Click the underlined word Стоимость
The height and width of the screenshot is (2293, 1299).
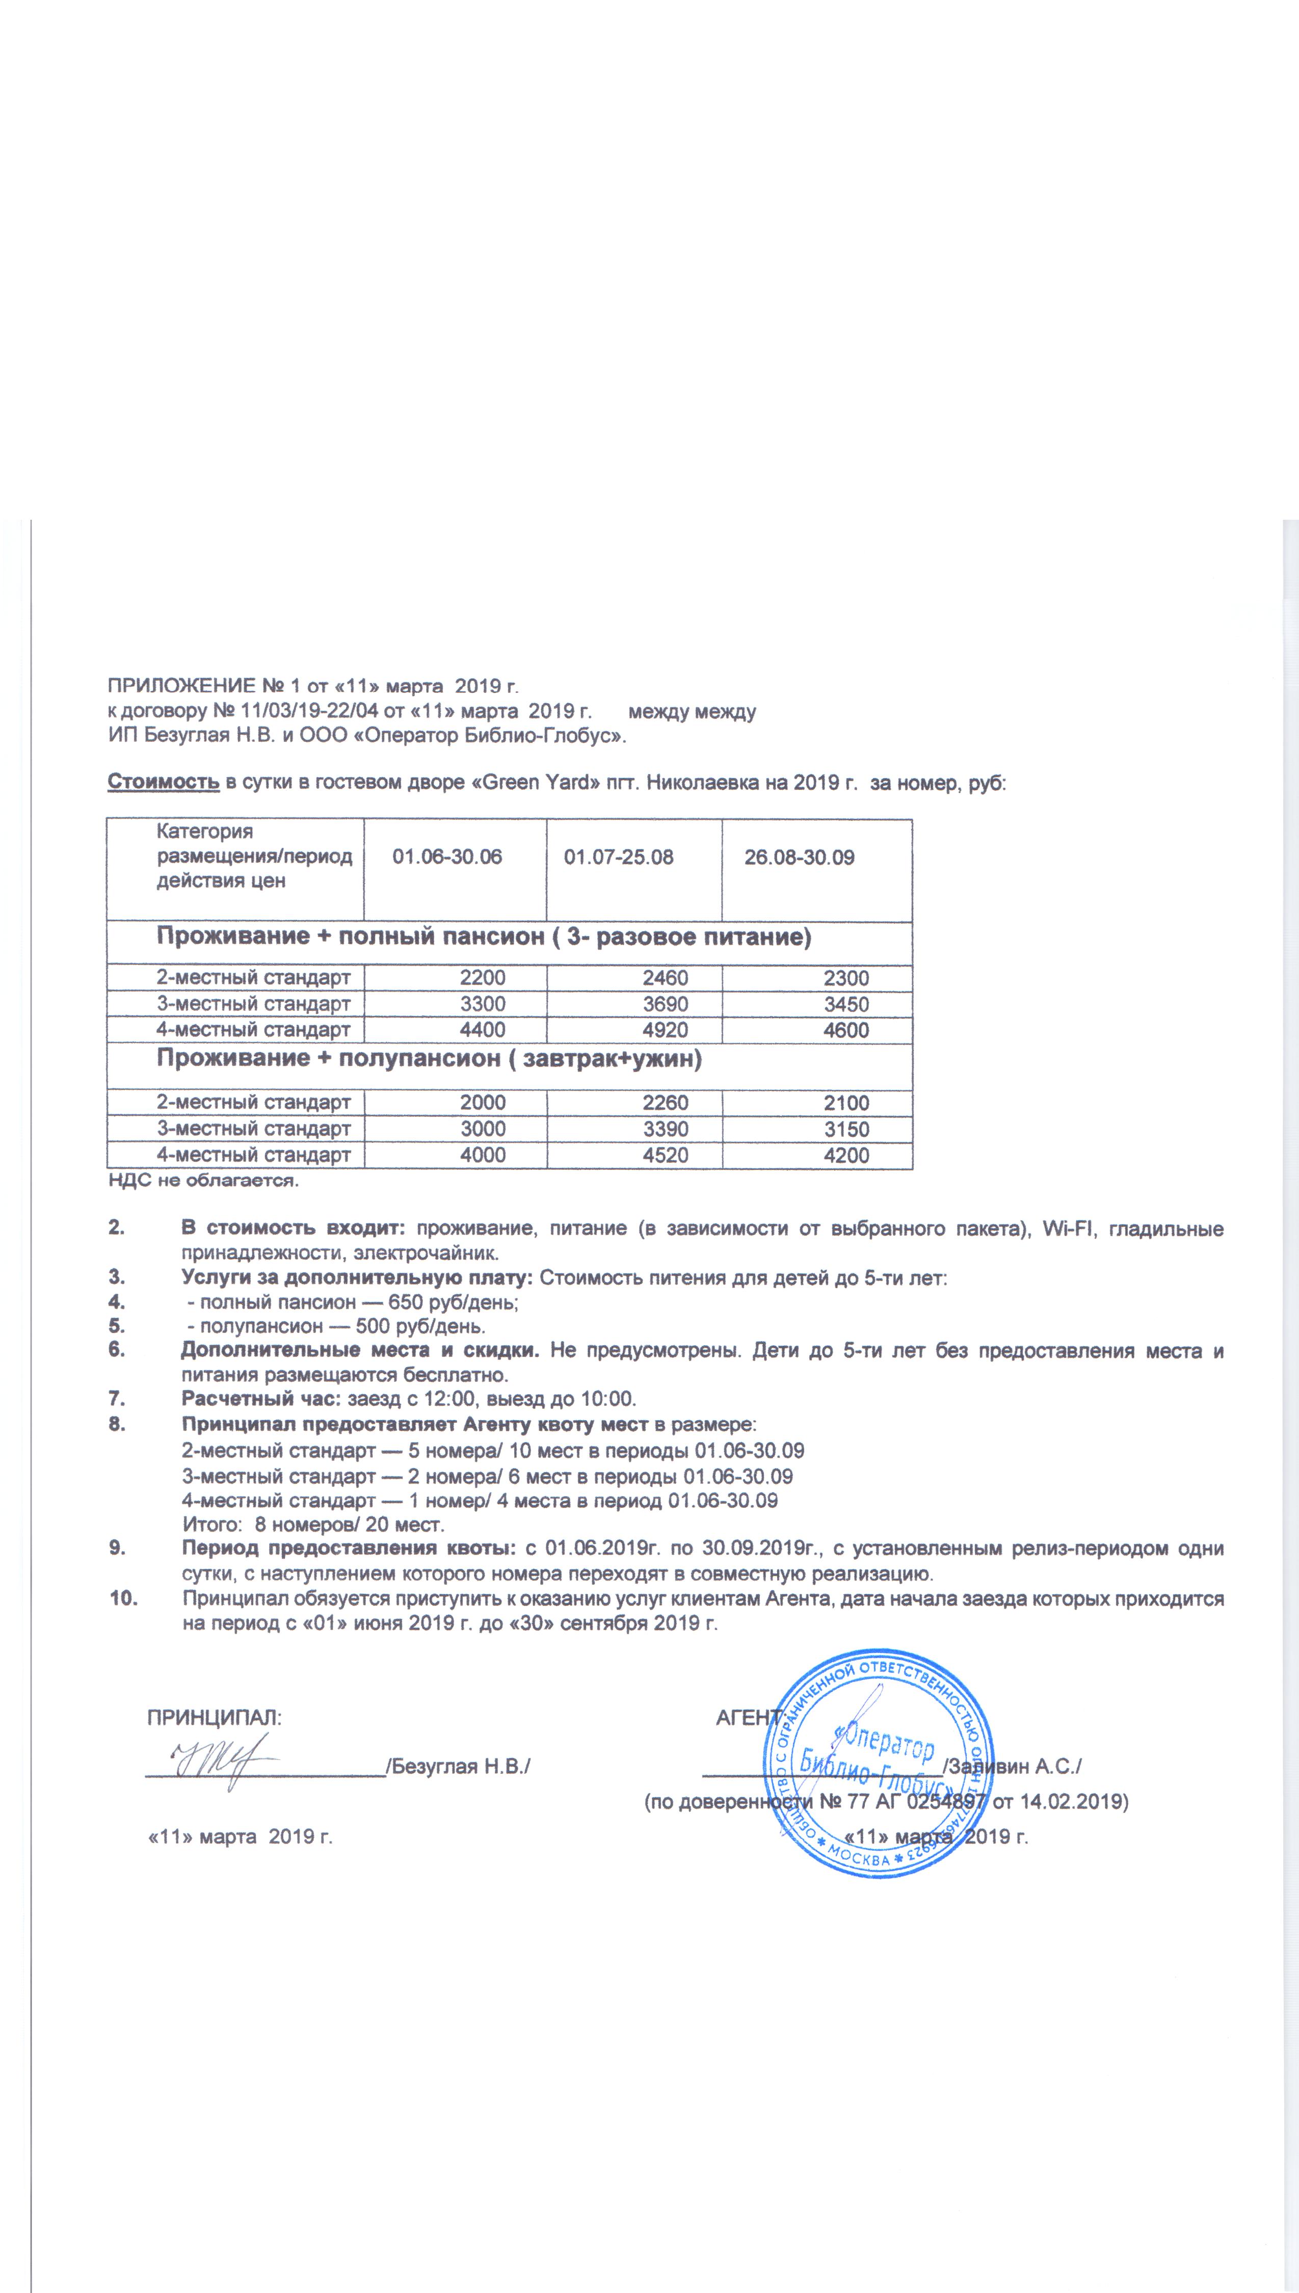click(163, 782)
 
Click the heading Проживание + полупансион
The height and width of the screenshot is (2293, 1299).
click(429, 1059)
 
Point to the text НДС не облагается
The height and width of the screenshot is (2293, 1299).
click(203, 1181)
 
